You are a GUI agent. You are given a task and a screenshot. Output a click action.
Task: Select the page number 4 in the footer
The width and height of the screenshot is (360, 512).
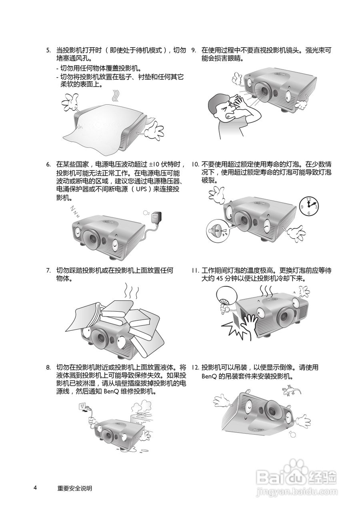(36, 488)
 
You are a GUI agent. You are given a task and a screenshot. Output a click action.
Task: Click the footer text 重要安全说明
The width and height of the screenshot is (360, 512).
(74, 488)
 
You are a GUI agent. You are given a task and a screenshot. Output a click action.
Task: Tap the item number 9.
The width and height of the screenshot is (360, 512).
(194, 50)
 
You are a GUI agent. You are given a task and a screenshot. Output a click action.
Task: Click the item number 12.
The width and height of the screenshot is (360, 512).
(195, 367)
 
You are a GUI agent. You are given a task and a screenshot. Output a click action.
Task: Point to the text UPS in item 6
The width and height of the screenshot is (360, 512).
(141, 189)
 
